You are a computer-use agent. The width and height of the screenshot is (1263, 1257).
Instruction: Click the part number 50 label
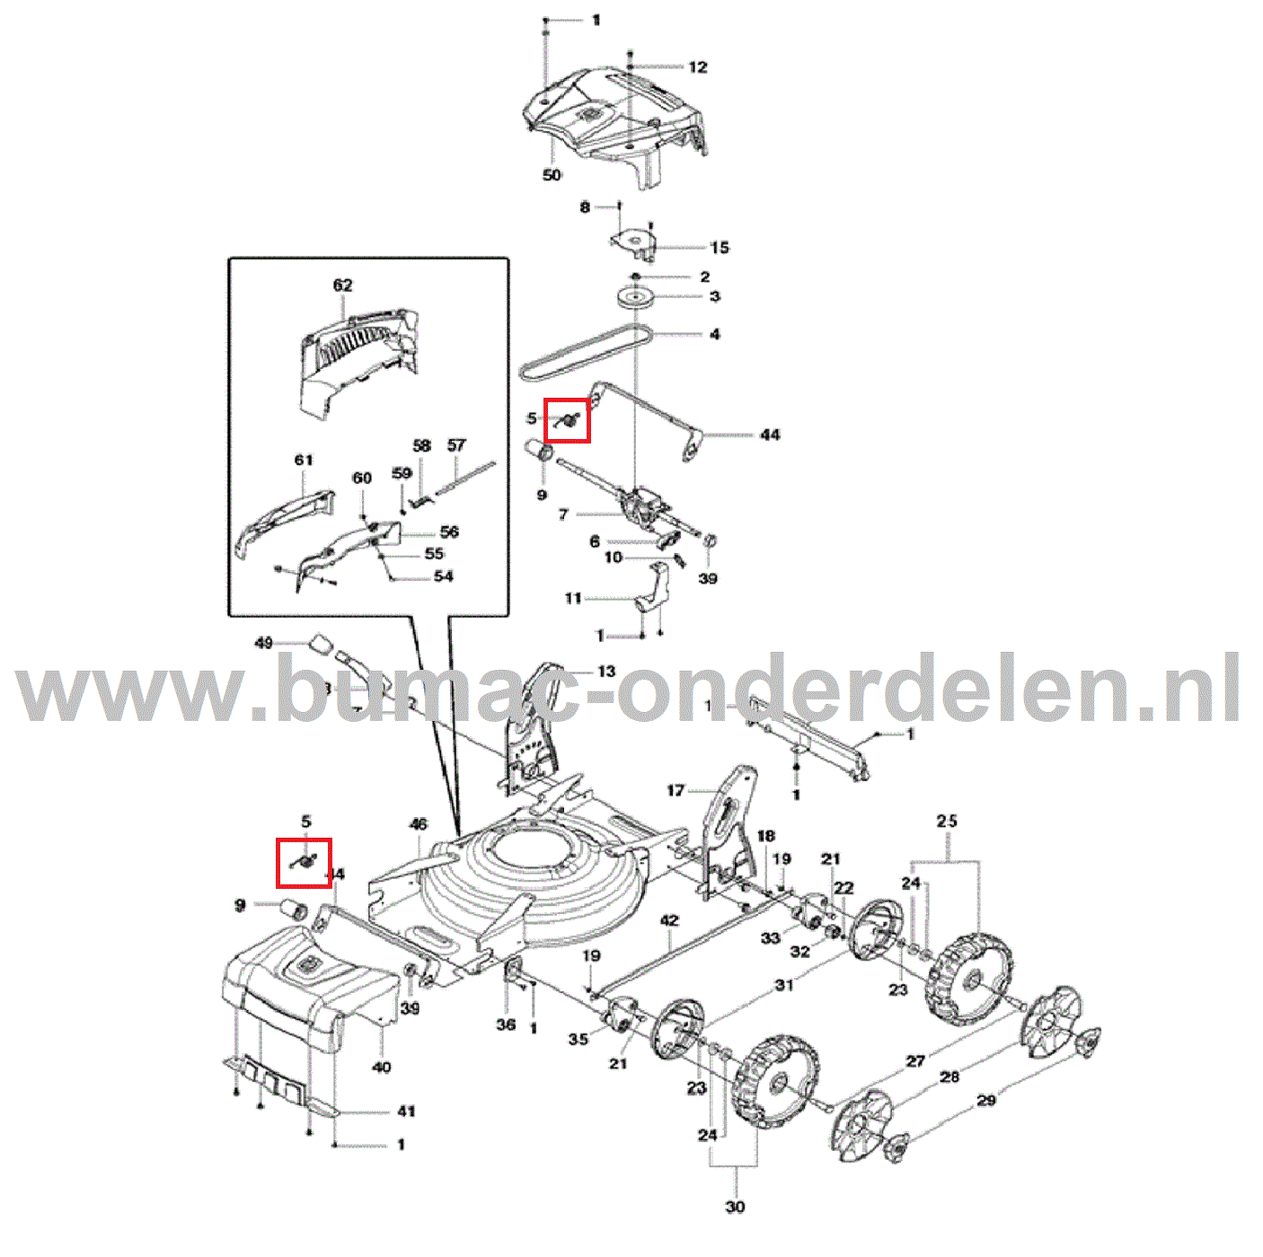pyautogui.click(x=552, y=175)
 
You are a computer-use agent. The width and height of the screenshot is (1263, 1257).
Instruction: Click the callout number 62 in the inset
pyautogui.click(x=343, y=286)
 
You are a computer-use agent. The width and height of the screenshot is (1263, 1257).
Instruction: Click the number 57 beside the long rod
pyautogui.click(x=456, y=445)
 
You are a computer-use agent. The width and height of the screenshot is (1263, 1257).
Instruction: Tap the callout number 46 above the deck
pyautogui.click(x=419, y=824)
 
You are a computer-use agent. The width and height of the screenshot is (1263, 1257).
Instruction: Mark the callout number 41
pyautogui.click(x=406, y=1112)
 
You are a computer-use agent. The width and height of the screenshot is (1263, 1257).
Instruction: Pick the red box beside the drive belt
pyautogui.click(x=568, y=420)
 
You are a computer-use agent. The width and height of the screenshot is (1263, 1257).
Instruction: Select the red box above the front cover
pyautogui.click(x=304, y=862)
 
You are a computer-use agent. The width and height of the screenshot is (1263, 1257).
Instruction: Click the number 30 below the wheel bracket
pyautogui.click(x=735, y=1207)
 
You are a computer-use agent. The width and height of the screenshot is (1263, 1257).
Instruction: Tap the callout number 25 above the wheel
pyautogui.click(x=947, y=821)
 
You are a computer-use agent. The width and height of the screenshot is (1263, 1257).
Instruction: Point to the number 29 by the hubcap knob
pyautogui.click(x=986, y=1100)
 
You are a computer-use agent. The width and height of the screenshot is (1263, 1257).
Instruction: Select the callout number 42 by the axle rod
pyautogui.click(x=669, y=920)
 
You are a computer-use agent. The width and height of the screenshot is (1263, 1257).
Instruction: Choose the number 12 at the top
pyautogui.click(x=698, y=67)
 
